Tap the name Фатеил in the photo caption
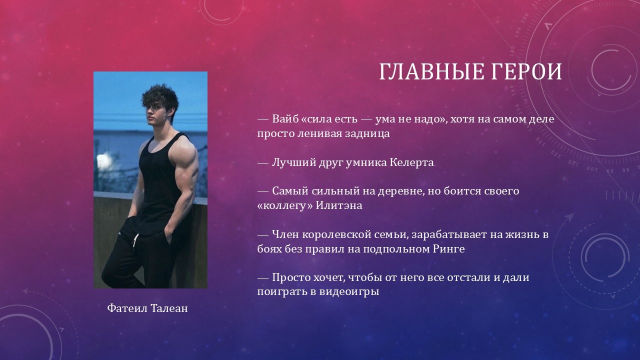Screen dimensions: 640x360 (127, 308)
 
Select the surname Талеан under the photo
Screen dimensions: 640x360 (169, 308)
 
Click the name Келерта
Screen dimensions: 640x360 (411, 162)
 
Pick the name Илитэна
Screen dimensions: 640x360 (339, 205)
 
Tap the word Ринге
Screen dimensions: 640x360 (449, 249)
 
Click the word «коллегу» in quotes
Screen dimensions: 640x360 (285, 205)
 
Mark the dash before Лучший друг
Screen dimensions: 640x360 (263, 163)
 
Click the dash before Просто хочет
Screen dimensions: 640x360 (263, 277)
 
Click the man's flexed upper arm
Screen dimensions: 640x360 (185, 160)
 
